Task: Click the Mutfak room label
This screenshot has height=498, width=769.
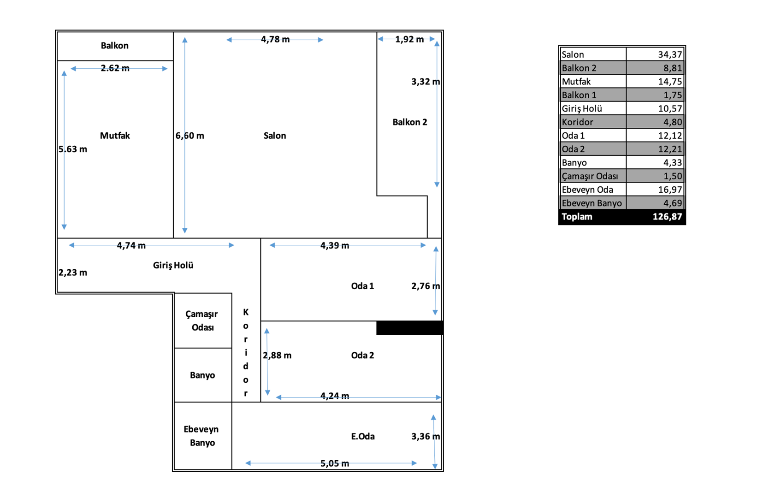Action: point(115,136)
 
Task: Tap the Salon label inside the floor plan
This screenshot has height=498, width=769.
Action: point(275,136)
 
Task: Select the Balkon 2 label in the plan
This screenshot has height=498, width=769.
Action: point(409,122)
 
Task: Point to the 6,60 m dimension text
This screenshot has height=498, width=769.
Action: point(190,136)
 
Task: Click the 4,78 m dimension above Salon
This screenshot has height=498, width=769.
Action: point(275,40)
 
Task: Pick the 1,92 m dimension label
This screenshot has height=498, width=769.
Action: point(409,40)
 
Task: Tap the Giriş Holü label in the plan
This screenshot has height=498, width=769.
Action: point(173,265)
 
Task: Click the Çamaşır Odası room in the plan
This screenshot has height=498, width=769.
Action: point(202,320)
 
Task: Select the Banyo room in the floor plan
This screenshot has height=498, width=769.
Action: point(202,375)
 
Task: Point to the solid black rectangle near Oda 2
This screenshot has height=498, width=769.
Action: point(410,328)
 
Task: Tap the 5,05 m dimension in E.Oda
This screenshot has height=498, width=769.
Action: point(335,463)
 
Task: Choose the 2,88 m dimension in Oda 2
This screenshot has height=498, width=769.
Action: point(277,355)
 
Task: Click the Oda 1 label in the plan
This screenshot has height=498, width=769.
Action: point(362,286)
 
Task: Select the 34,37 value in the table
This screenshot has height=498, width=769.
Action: point(670,54)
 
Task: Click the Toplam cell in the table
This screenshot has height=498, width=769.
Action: point(577,217)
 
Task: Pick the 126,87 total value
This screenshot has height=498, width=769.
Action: point(667,217)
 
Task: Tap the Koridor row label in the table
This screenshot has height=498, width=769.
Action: point(577,122)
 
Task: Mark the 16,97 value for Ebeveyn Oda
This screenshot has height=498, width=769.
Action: point(670,190)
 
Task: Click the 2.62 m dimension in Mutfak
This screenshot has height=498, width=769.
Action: point(115,68)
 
